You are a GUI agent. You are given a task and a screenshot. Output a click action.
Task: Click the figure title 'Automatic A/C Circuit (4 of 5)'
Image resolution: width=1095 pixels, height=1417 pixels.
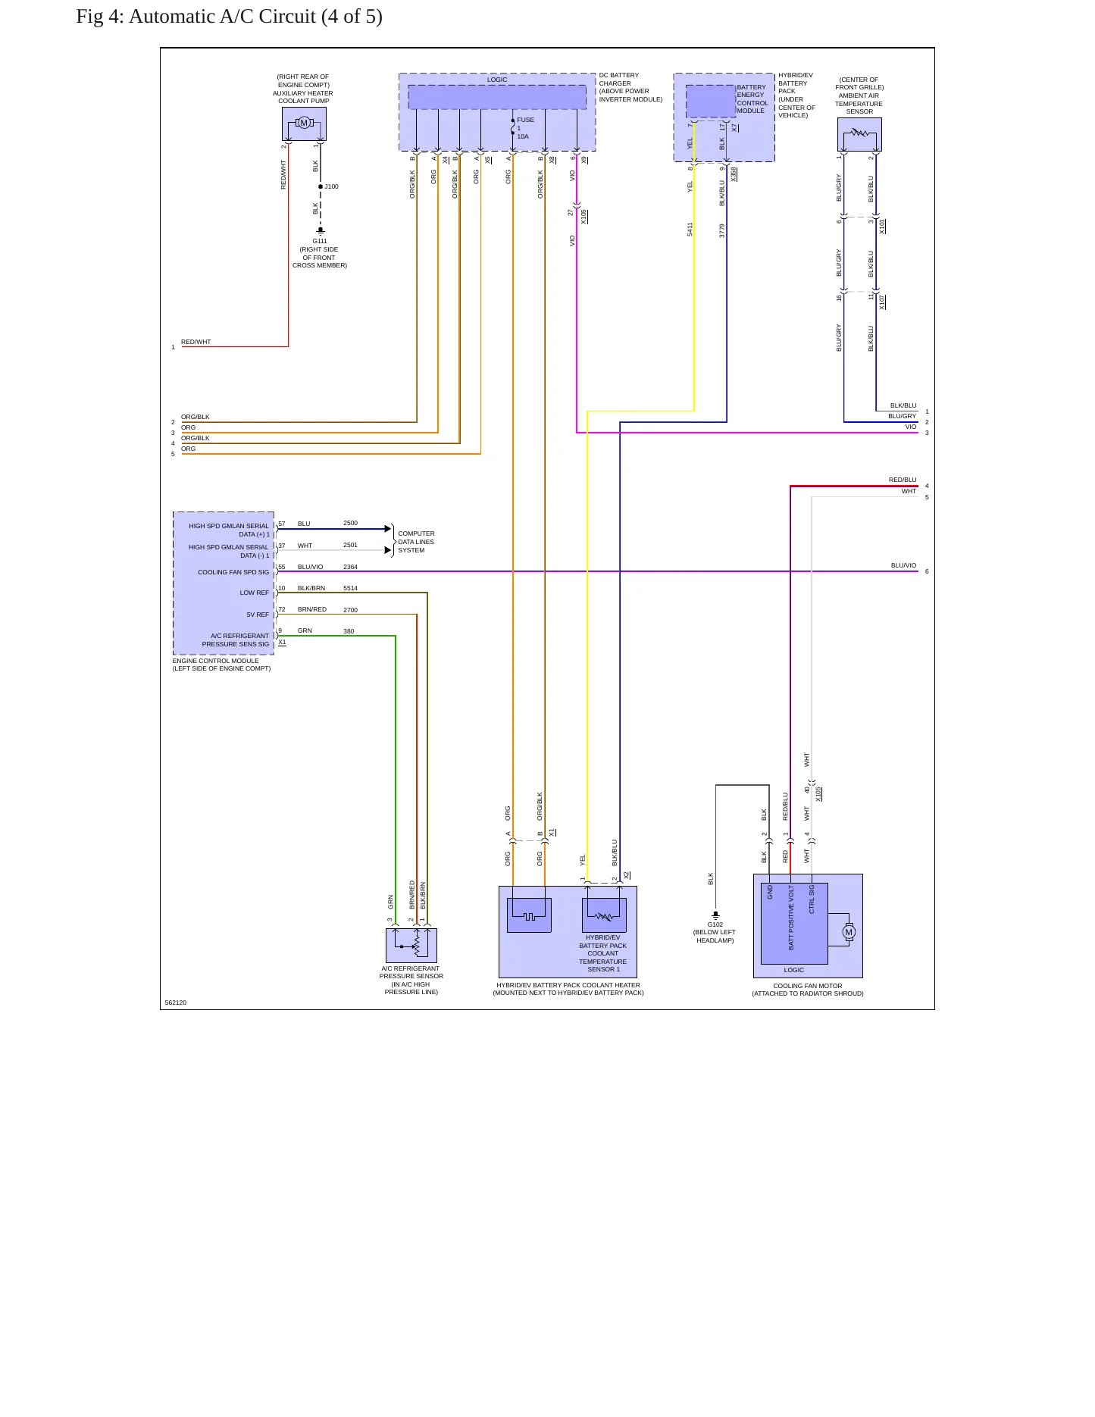[255, 17]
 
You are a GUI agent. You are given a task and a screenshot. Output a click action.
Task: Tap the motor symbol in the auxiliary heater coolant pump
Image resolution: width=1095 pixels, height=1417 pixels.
[304, 123]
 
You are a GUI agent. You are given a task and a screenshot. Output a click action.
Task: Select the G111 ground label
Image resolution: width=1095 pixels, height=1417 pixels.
[320, 241]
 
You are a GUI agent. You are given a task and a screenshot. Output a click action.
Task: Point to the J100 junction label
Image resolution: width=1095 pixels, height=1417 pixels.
[332, 186]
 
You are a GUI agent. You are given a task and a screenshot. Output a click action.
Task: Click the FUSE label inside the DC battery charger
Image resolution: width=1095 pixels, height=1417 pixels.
[525, 120]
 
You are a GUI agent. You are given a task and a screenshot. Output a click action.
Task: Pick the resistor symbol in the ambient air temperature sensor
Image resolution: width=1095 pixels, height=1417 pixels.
[859, 133]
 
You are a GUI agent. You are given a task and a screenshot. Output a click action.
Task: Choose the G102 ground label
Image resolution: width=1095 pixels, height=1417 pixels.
[715, 924]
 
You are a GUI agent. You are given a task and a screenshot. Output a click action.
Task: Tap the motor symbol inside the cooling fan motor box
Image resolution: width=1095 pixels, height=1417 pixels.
[849, 932]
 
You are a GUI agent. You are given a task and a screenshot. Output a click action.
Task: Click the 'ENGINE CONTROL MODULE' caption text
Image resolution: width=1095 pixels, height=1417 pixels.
[215, 661]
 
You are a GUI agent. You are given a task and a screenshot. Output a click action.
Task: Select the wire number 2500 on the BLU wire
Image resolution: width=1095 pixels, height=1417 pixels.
[350, 523]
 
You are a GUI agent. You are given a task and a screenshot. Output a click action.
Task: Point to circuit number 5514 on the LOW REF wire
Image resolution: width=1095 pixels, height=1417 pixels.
[350, 588]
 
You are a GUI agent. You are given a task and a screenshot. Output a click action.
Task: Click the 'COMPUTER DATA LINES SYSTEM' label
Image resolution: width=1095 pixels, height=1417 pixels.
[416, 542]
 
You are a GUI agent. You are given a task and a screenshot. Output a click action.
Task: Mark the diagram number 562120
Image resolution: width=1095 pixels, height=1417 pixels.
[176, 1003]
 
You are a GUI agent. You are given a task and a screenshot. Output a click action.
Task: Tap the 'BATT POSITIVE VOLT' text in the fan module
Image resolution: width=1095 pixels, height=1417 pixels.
[791, 918]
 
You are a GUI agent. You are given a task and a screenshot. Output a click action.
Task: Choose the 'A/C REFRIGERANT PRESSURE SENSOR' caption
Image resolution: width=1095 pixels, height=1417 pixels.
[411, 972]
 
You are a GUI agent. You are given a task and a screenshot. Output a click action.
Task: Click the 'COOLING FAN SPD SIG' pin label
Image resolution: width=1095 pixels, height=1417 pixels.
[233, 572]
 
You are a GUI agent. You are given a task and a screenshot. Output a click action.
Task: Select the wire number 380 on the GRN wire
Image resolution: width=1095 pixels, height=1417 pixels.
[349, 631]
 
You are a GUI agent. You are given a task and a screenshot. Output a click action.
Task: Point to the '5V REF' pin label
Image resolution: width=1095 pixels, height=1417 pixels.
[258, 615]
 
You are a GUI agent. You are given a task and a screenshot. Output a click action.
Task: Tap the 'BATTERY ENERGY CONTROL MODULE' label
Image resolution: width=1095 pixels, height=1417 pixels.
[752, 99]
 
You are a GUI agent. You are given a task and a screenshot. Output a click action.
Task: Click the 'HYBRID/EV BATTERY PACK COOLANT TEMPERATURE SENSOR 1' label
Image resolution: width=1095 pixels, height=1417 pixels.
[603, 953]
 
